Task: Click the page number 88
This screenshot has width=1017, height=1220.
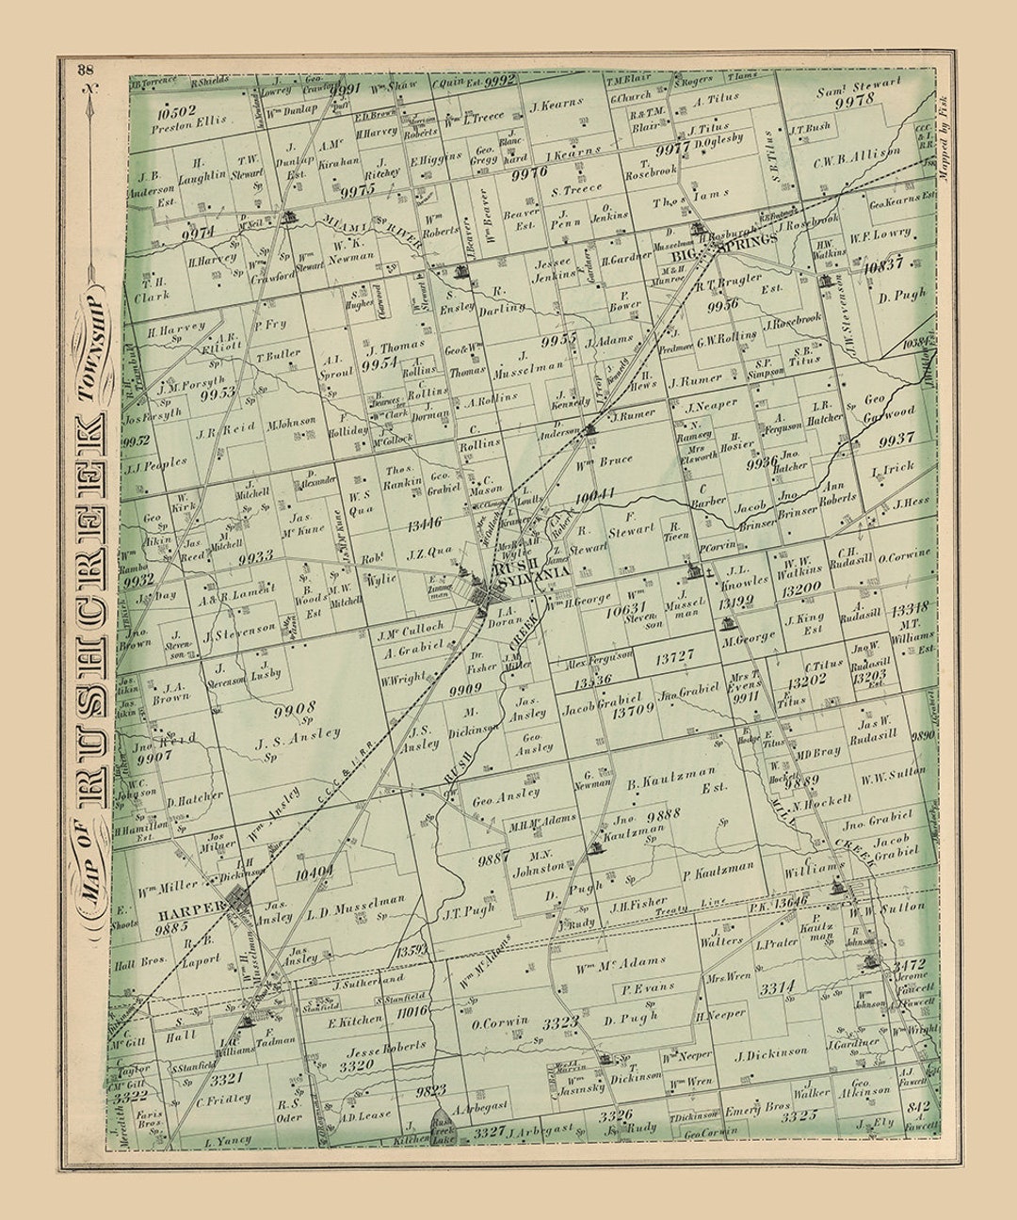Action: tap(87, 68)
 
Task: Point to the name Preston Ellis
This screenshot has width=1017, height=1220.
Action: tap(194, 121)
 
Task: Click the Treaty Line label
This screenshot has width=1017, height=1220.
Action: tap(702, 902)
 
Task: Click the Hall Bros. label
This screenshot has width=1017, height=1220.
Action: tap(139, 963)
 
